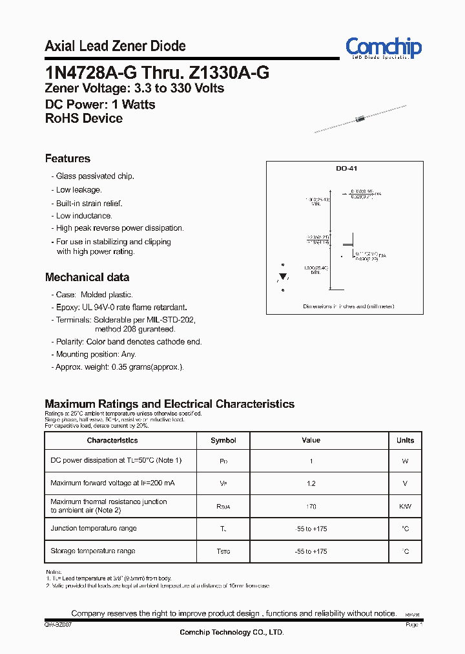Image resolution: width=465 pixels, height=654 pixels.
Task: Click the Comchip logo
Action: [x=384, y=48]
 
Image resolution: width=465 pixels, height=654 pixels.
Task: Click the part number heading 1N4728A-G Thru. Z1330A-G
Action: [x=157, y=73]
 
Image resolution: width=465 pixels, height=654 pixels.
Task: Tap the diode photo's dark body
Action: [x=362, y=118]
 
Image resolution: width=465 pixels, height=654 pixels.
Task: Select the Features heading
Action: [x=68, y=159]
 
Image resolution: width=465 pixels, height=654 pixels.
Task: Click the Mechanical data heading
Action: [x=87, y=277]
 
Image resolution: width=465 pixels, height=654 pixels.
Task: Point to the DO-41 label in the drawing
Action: [x=346, y=168]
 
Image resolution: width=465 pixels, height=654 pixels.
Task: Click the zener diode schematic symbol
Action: [x=282, y=277]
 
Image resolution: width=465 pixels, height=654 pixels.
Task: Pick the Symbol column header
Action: [x=223, y=441]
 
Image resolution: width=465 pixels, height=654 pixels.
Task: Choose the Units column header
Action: [x=405, y=441]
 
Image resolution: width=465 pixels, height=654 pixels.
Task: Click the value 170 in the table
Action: [x=311, y=507]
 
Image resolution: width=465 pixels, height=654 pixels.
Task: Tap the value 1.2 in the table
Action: [x=311, y=483]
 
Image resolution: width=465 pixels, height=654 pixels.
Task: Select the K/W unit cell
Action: [x=405, y=507]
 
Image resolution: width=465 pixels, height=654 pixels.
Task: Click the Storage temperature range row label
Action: [x=93, y=551]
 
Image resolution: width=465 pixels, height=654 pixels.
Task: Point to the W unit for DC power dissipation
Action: [x=405, y=461]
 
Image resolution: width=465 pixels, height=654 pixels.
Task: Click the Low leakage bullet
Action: [x=78, y=190]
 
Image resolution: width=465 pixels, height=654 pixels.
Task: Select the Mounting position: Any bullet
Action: [x=96, y=354]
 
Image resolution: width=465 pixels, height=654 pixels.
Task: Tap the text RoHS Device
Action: [x=84, y=118]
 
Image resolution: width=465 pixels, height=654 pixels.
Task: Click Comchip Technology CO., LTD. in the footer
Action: [x=231, y=632]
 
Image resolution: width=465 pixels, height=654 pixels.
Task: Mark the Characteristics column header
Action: [x=112, y=441]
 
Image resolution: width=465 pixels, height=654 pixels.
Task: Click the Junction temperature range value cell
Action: [x=311, y=529]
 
